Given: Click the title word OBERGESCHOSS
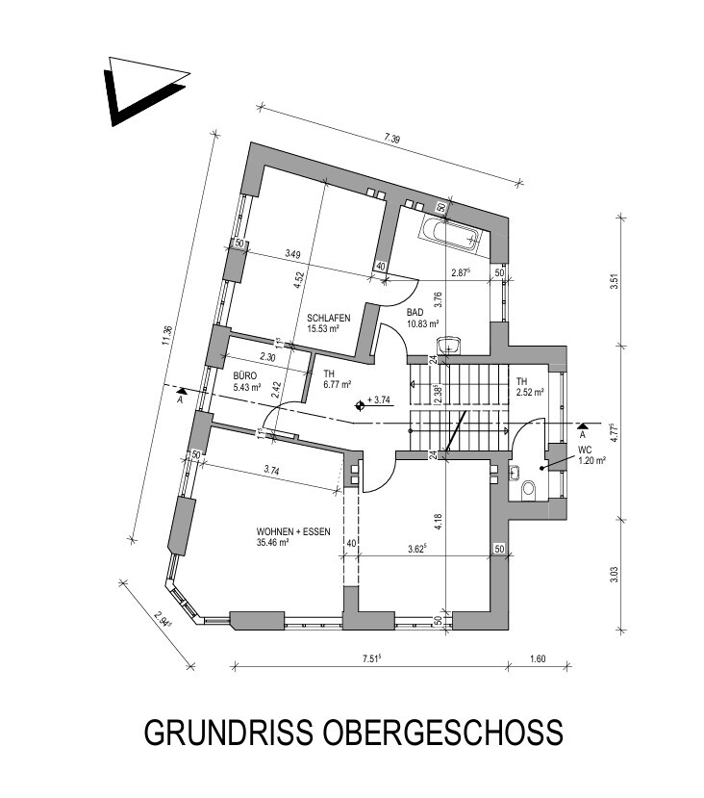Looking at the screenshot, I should point(444,733).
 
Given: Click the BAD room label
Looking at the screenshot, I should point(415,313).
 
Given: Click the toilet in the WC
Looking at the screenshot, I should point(526,490).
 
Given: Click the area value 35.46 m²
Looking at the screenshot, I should point(275,543).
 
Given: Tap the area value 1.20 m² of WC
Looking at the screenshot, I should point(590,461).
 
